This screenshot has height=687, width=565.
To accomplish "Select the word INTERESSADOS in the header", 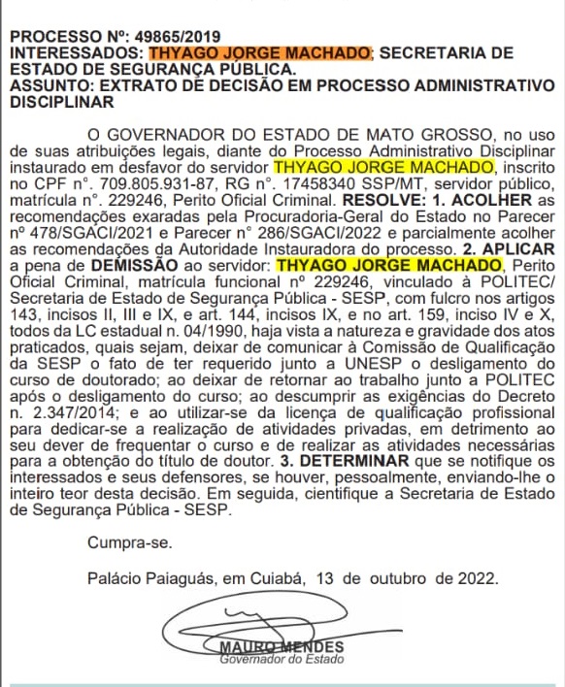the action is tap(74, 52).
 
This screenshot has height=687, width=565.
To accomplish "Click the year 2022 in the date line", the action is tap(477, 577).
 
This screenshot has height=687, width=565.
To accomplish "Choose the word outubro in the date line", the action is tap(396, 577).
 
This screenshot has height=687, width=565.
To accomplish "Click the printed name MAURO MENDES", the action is tap(282, 648).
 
